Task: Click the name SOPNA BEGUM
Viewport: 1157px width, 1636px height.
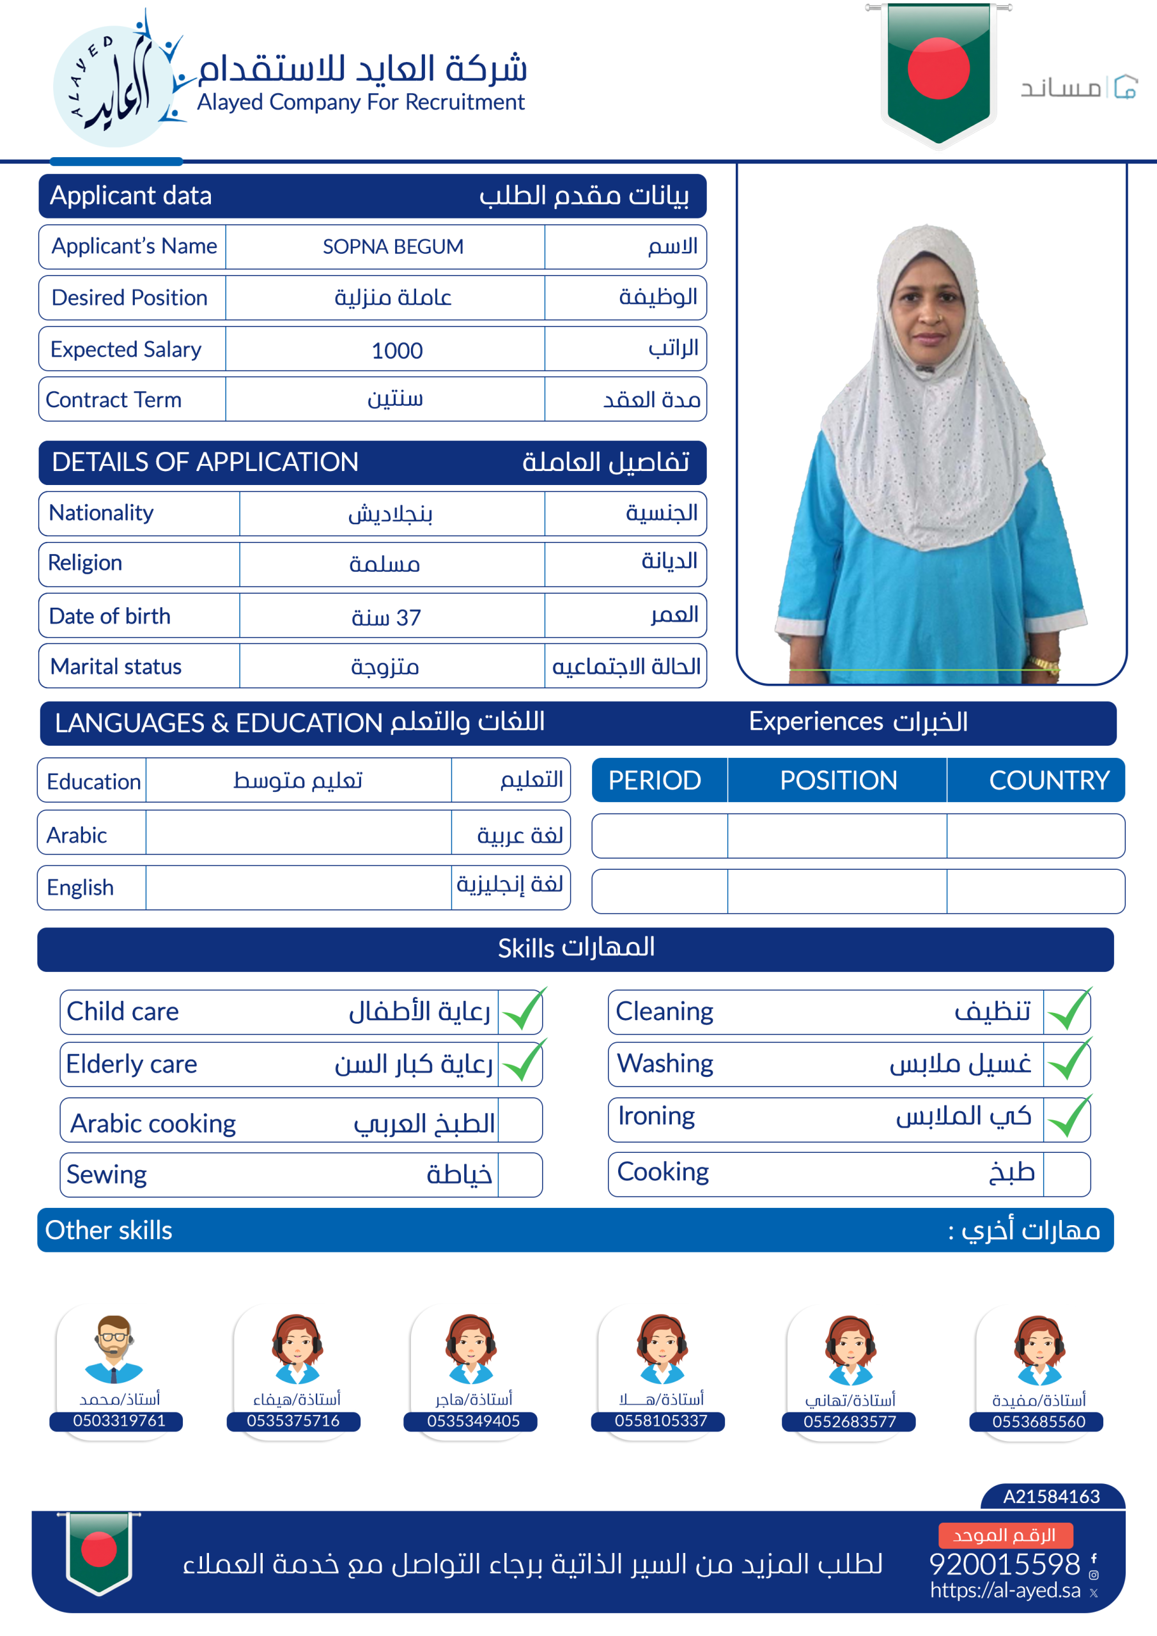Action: point(392,247)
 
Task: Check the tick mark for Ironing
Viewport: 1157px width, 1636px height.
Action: point(1068,1116)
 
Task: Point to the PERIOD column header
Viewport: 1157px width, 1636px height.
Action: point(655,780)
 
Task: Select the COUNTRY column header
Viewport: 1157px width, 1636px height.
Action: point(1048,780)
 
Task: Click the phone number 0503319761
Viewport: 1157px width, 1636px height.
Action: point(119,1421)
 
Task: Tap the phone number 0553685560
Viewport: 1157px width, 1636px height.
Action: point(1039,1421)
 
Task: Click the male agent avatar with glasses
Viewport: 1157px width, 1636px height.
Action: point(114,1348)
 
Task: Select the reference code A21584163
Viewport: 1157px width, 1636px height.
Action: point(1051,1496)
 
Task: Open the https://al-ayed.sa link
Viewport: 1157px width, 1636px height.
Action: point(1004,1591)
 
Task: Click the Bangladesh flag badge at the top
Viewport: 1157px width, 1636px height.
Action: point(938,71)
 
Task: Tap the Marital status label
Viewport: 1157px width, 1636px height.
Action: point(116,667)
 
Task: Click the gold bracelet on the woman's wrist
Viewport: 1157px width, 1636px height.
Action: point(1042,664)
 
